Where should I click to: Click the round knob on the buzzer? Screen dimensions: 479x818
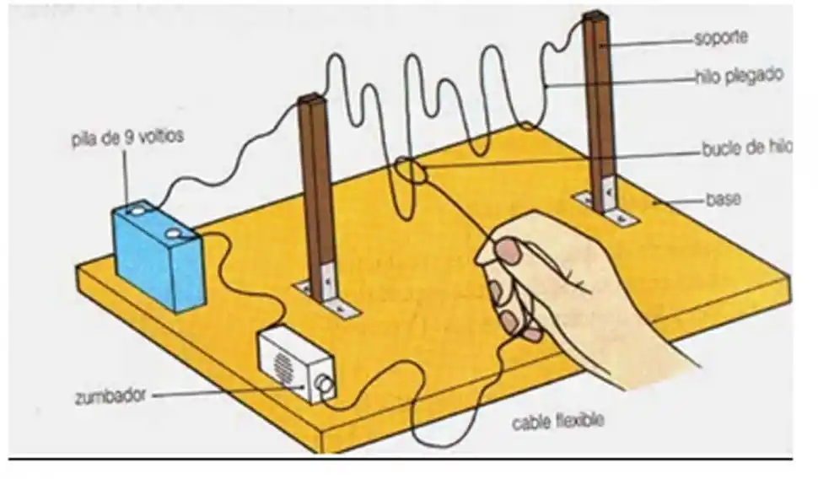323,386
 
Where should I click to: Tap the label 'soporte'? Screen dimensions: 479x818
720,38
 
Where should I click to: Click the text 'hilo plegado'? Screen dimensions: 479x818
739,75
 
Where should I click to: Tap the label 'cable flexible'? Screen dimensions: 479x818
558,419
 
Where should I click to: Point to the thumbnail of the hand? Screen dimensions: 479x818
507,250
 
